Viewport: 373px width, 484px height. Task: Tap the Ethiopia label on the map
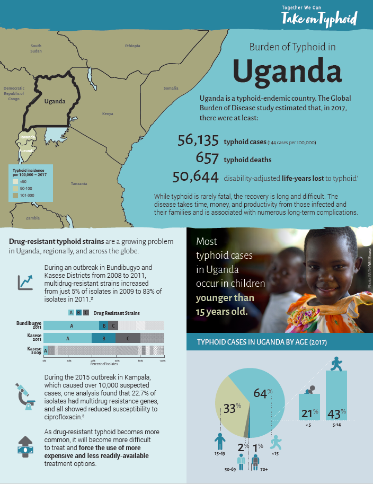[132, 46]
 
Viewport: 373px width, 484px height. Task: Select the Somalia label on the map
[171, 88]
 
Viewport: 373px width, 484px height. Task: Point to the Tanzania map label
[79, 183]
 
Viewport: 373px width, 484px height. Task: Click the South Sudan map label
[36, 48]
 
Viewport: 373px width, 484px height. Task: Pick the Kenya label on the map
[108, 113]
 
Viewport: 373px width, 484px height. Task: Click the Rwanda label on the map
[28, 137]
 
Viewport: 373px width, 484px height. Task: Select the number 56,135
[198, 140]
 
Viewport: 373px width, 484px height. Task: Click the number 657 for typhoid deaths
[207, 158]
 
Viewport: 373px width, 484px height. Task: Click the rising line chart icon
[25, 281]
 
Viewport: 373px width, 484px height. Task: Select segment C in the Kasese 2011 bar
[128, 338]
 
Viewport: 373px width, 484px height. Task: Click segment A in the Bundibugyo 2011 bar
[71, 325]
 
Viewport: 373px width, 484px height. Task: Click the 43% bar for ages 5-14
[336, 395]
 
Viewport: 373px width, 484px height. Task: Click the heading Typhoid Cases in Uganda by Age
[262, 342]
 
